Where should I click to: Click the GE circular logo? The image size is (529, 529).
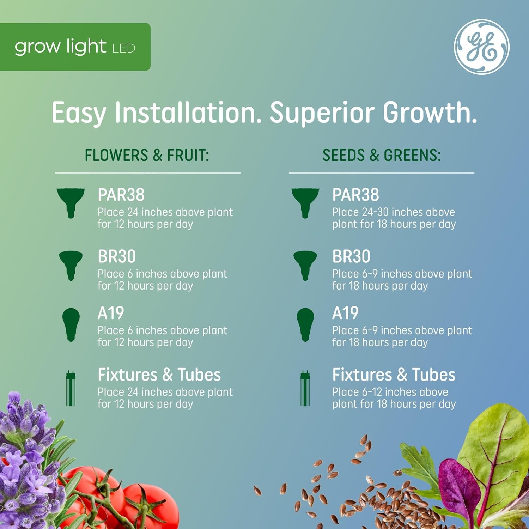click(x=481, y=47)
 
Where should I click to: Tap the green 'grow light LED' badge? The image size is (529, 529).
click(x=75, y=47)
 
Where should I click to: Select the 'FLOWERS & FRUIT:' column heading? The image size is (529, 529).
click(x=147, y=156)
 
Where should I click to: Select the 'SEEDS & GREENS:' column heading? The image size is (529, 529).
click(x=382, y=156)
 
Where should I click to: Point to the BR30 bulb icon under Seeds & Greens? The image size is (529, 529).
click(x=305, y=264)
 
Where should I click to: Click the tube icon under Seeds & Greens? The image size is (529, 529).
click(x=305, y=388)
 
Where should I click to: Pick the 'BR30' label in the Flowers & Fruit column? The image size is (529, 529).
click(x=117, y=257)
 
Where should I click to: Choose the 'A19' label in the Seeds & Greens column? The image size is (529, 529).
click(x=345, y=313)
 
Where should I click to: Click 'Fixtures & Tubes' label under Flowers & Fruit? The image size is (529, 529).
click(x=159, y=375)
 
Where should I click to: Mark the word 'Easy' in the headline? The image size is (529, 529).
click(x=79, y=113)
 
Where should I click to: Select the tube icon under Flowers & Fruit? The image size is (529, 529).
click(x=71, y=388)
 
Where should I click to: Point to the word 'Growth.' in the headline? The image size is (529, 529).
click(x=430, y=113)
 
